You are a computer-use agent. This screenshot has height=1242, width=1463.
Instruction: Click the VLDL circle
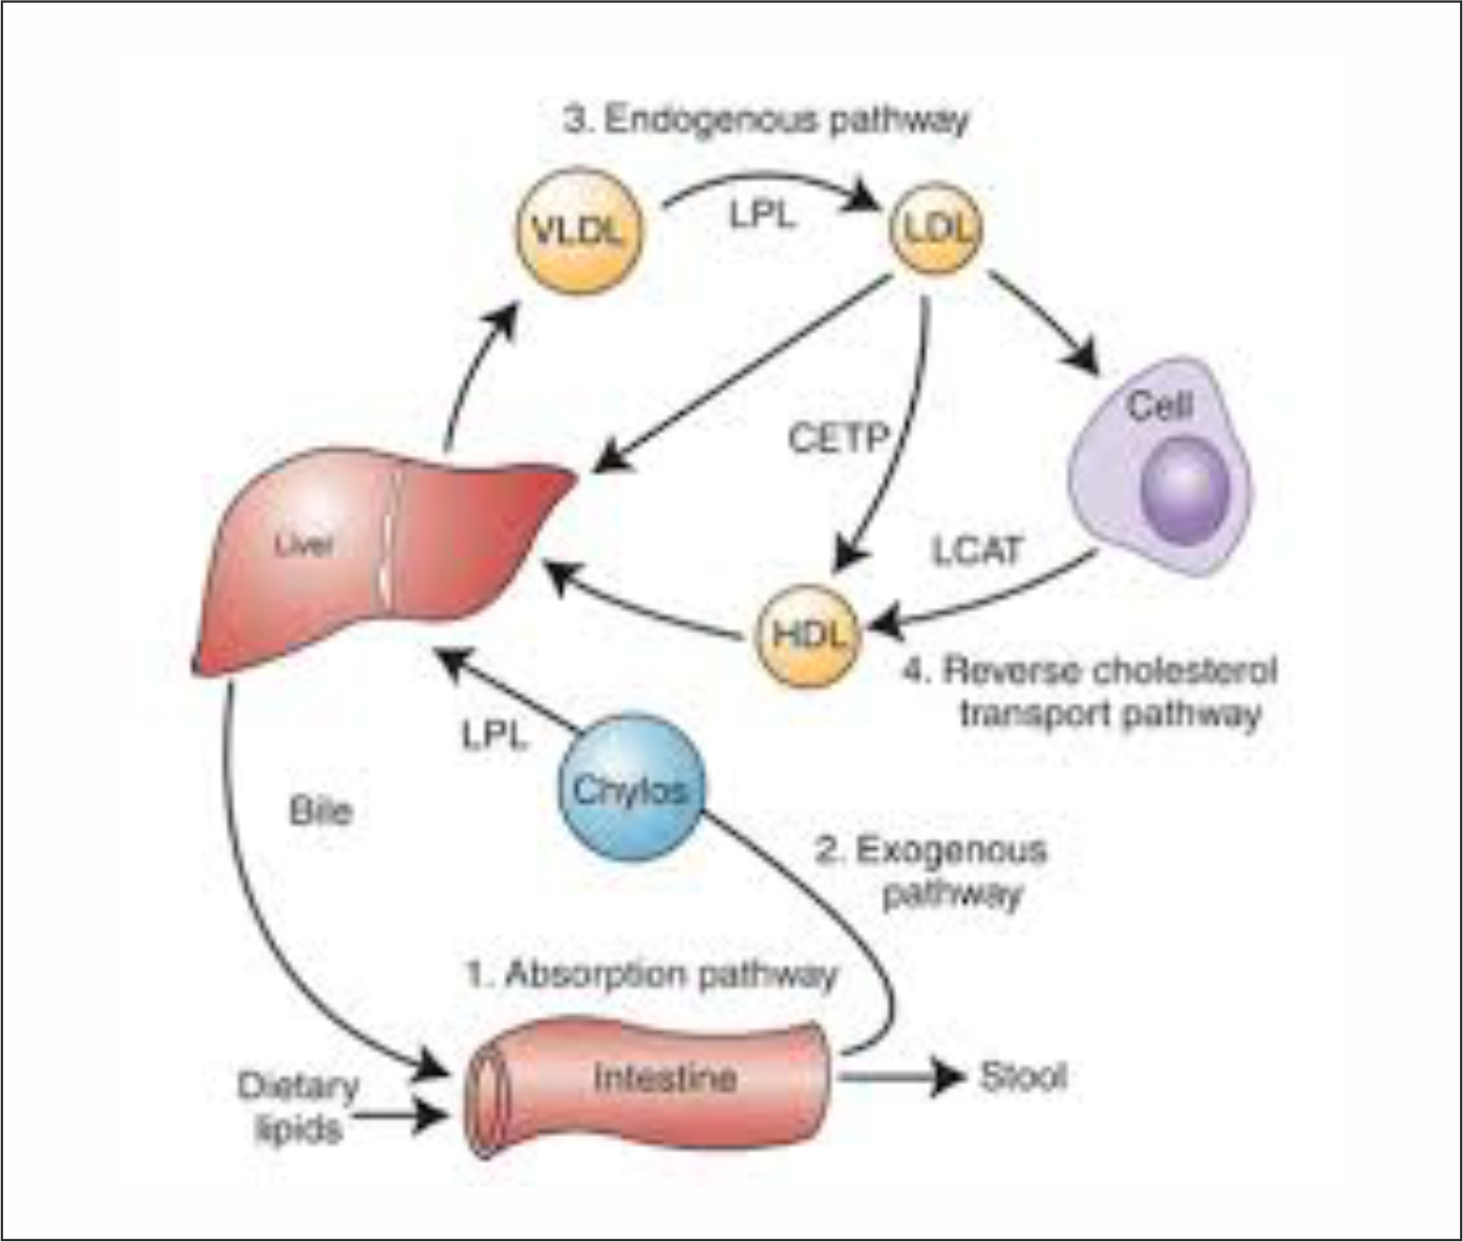(x=578, y=231)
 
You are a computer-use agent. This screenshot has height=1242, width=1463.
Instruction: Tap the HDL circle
(x=809, y=633)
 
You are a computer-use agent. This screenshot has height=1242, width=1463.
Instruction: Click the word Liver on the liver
(x=304, y=544)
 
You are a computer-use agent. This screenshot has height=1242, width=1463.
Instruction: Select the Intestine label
(x=665, y=1077)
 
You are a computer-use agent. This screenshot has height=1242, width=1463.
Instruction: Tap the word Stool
(x=1023, y=1076)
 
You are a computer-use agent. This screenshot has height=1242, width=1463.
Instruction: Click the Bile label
(x=320, y=811)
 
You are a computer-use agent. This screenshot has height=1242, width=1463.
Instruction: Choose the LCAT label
(x=977, y=550)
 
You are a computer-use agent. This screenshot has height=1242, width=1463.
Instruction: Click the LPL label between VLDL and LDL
(x=762, y=214)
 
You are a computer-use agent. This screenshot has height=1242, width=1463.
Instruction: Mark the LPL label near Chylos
(x=494, y=736)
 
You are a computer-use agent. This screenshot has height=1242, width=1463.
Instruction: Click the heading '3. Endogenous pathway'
(x=765, y=121)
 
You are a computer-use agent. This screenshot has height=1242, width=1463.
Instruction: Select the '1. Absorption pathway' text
(x=651, y=975)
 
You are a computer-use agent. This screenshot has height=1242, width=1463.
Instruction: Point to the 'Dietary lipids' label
(x=297, y=1107)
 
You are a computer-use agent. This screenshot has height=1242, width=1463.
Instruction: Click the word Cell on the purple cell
(x=1160, y=405)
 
